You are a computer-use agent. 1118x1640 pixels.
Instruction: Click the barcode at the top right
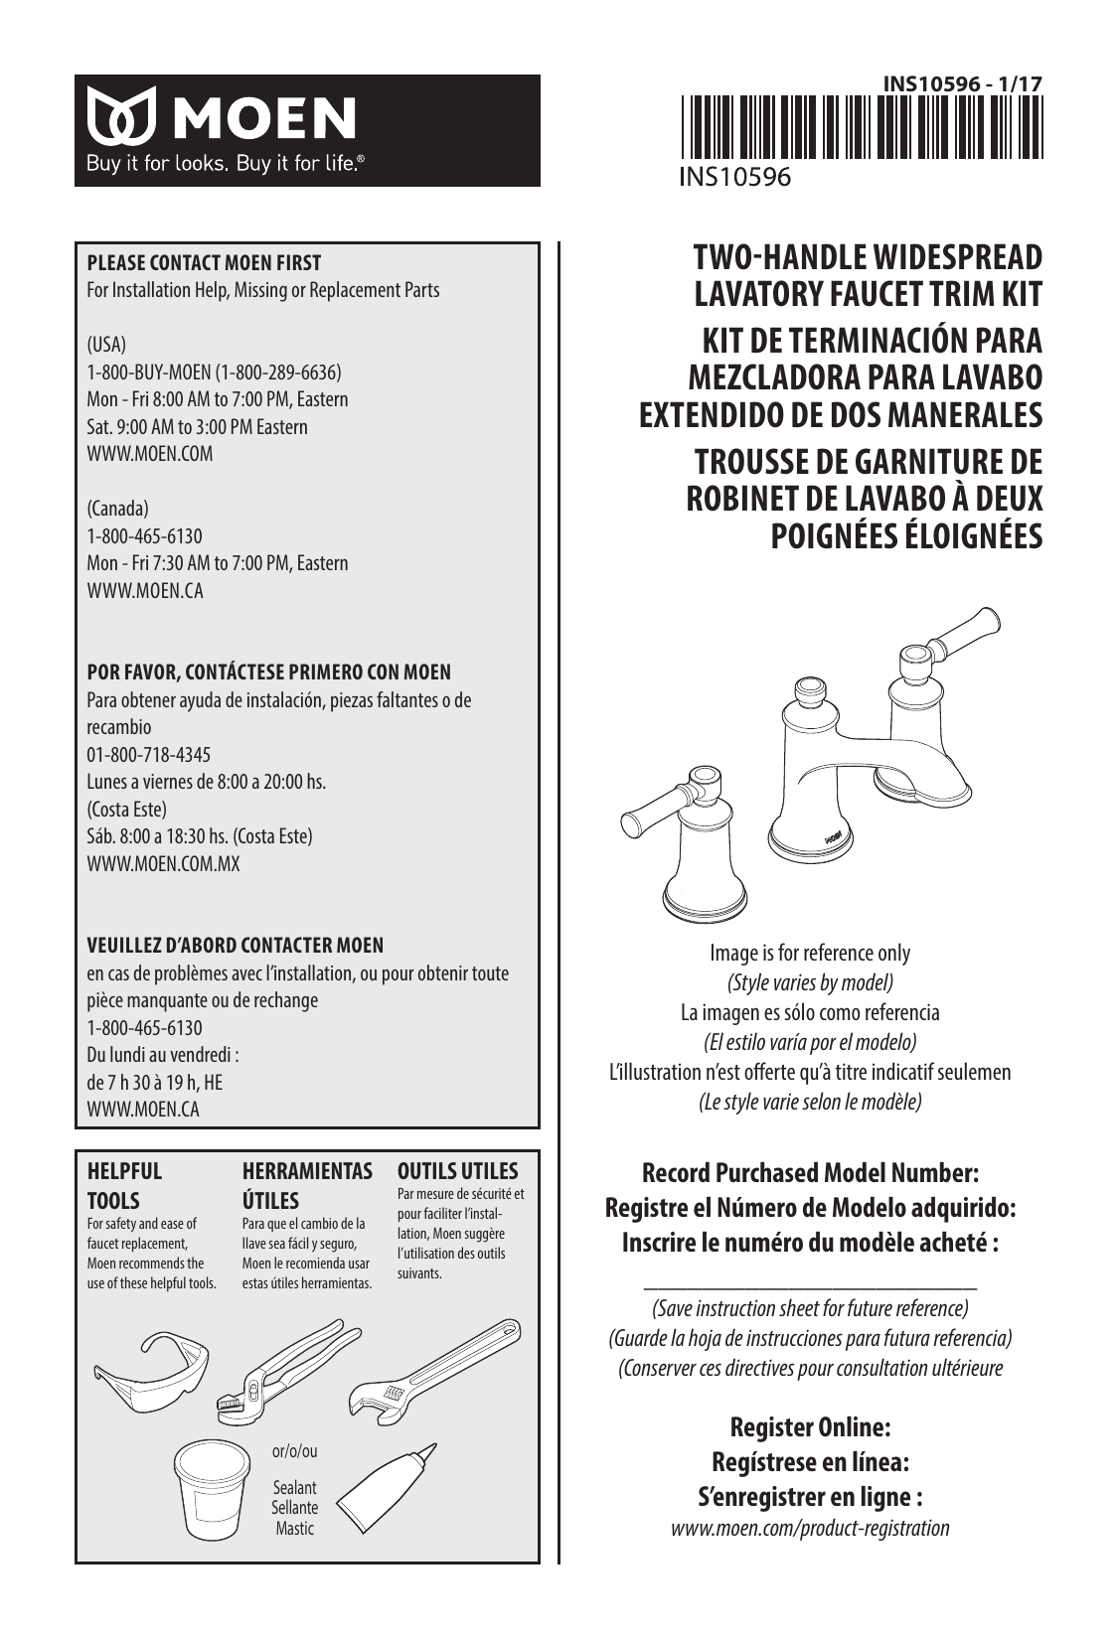click(x=861, y=126)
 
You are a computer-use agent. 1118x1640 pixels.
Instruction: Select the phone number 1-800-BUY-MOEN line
click(x=215, y=373)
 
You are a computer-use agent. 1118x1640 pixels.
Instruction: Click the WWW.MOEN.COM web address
click(x=150, y=454)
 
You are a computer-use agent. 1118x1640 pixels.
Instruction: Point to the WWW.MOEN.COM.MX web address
click(x=164, y=863)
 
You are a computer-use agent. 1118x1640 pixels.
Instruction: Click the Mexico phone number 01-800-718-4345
click(x=149, y=755)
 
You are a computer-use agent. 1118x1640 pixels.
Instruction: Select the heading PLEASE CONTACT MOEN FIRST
click(x=205, y=263)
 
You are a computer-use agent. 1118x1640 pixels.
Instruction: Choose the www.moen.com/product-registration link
click(x=810, y=1528)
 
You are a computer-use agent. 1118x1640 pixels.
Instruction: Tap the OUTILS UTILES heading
click(x=457, y=1171)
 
